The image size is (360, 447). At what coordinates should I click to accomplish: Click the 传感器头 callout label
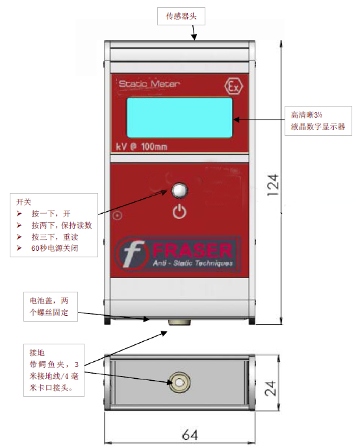click(x=181, y=16)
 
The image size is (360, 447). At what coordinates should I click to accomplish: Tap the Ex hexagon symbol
click(x=234, y=86)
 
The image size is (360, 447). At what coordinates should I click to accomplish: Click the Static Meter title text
click(x=149, y=84)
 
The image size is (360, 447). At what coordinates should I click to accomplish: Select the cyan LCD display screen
click(x=179, y=118)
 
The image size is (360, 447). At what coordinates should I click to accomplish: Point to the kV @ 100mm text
click(x=142, y=147)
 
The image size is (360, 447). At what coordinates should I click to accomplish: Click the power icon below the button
click(x=179, y=212)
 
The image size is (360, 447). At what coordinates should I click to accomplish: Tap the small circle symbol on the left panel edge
click(x=118, y=215)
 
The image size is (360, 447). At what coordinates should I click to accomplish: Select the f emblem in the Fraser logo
click(x=132, y=253)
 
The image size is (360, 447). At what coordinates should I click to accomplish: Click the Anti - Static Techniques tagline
click(x=193, y=263)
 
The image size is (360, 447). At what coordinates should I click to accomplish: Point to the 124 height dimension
click(x=272, y=185)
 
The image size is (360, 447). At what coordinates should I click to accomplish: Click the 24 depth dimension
click(x=270, y=388)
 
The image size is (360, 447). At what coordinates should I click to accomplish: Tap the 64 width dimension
click(x=190, y=435)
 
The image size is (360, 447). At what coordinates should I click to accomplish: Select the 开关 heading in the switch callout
click(x=23, y=202)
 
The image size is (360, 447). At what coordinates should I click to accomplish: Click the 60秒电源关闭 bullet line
click(x=55, y=248)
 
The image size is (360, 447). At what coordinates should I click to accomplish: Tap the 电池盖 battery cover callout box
click(x=51, y=307)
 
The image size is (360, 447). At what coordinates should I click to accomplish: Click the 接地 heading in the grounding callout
click(x=37, y=353)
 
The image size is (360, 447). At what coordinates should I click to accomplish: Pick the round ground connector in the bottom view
click(x=179, y=383)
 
